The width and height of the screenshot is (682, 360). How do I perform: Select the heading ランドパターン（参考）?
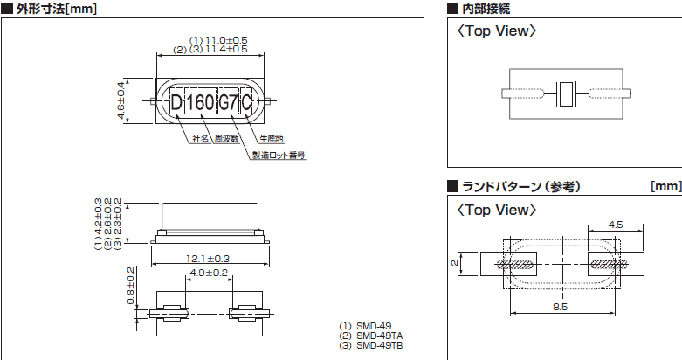coord(520,186)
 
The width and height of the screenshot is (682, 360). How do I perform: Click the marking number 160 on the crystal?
coord(201,101)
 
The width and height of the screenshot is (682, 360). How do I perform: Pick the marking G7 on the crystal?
coord(227,101)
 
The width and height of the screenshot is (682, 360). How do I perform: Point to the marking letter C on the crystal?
coord(246,101)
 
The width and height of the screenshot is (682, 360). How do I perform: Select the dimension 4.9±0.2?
coord(208,273)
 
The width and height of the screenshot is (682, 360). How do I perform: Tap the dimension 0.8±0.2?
coord(130,285)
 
